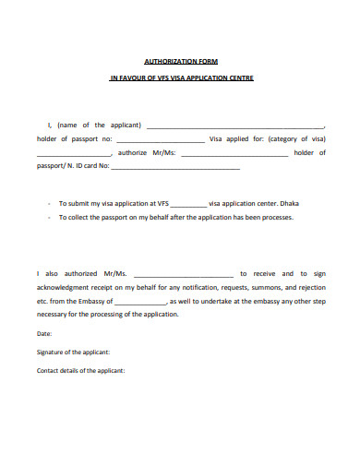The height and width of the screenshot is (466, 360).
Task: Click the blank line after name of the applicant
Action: (235, 126)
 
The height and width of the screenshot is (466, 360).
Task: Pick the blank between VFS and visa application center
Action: (189, 203)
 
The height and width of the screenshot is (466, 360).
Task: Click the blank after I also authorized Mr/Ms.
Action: (187, 274)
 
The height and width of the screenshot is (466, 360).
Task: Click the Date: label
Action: (44, 333)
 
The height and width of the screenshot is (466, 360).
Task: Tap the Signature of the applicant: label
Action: (74, 352)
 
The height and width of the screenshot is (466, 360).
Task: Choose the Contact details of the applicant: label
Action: (80, 371)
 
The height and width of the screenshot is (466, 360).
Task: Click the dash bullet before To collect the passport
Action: (46, 218)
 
